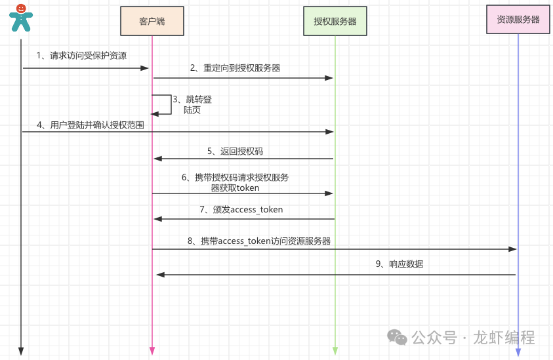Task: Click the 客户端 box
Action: tap(152, 21)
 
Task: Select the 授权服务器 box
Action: tap(335, 21)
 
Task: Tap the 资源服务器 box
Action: tap(518, 20)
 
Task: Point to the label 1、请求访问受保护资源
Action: tap(81, 56)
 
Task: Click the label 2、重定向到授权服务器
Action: tap(235, 68)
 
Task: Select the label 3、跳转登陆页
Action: tap(192, 105)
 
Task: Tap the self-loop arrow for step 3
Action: tap(168, 105)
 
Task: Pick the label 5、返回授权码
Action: tap(236, 151)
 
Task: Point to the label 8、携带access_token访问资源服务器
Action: tap(258, 241)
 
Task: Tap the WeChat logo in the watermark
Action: tap(397, 337)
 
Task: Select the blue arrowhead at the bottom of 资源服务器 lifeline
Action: tap(518, 352)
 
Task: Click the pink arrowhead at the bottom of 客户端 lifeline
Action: tap(152, 351)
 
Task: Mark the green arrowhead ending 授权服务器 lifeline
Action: tap(335, 351)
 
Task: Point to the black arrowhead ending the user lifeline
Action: tap(21, 351)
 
